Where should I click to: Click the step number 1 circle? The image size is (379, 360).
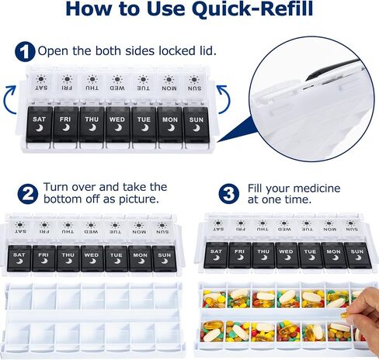point(25,51)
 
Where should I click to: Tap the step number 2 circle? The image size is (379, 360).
point(28,194)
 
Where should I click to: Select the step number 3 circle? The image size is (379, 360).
point(229,194)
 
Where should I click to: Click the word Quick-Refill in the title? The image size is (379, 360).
point(252,9)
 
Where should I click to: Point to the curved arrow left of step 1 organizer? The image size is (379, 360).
point(10,99)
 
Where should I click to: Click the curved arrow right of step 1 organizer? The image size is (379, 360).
point(224,99)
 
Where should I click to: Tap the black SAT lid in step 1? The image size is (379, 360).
point(40,124)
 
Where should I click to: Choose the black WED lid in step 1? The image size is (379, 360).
point(118,124)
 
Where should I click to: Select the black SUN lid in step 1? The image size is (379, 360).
point(196,125)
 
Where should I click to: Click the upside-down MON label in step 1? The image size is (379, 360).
point(169,88)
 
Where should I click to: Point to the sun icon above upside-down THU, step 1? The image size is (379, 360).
point(92,79)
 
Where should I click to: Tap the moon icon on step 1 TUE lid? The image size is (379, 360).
point(144,128)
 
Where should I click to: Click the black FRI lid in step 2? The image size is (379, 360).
point(43,258)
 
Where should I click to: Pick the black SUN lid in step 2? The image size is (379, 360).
point(165,258)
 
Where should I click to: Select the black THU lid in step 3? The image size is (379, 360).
point(263,255)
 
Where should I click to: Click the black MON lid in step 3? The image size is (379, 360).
point(333,255)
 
